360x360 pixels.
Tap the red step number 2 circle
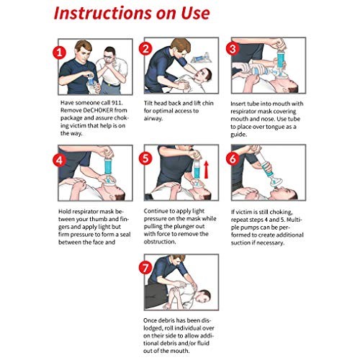point(146,49)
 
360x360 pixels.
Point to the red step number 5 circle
point(146,157)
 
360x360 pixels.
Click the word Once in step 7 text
point(148,318)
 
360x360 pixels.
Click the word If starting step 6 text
point(233,211)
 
